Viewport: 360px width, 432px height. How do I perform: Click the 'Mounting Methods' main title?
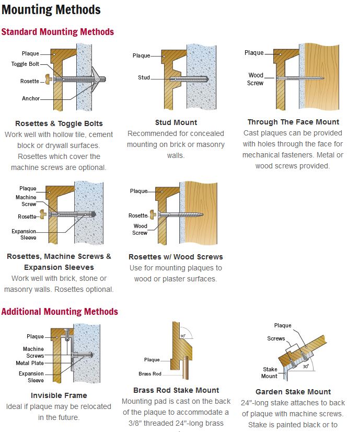pos(51,10)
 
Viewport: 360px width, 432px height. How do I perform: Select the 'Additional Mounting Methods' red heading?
pos(60,311)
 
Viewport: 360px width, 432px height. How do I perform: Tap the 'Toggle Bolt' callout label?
pos(25,64)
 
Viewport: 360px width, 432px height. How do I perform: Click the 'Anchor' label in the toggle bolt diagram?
pos(31,98)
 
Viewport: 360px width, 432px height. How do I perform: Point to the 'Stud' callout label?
pos(144,77)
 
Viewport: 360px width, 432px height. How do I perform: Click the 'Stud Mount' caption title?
pos(176,122)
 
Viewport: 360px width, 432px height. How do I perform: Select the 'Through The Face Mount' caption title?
pos(294,122)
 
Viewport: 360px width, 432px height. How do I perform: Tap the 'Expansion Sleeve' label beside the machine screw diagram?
pos(24,234)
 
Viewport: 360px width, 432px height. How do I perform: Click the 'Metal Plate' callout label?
pos(30,363)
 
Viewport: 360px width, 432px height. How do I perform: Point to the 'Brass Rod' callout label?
pos(150,374)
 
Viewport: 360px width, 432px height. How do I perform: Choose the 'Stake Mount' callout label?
pos(270,373)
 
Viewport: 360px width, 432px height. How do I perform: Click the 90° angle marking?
pos(183,336)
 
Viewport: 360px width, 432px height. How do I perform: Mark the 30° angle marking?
pos(306,367)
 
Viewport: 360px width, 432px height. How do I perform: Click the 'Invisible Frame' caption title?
pos(59,395)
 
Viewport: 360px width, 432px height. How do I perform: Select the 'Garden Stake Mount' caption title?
pos(294,392)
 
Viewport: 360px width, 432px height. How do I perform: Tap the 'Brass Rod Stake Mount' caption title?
pos(176,390)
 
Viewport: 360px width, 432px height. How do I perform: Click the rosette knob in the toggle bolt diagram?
pos(49,79)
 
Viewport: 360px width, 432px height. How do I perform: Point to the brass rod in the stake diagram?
pos(186,368)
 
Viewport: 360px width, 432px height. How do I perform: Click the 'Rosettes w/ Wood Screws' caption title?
pos(176,257)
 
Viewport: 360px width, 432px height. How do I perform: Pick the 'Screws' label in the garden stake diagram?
pos(276,338)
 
